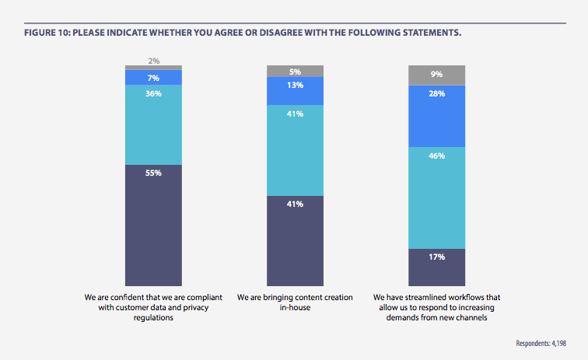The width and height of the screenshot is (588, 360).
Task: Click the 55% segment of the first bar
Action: [153, 225]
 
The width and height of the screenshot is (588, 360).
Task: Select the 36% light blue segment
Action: [153, 124]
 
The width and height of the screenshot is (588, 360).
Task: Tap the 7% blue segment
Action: [153, 77]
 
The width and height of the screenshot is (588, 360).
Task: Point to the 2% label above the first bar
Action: [153, 60]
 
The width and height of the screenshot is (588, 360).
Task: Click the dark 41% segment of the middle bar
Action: [295, 241]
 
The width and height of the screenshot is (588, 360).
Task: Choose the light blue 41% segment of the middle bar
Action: [295, 150]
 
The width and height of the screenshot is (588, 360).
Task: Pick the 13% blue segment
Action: [295, 91]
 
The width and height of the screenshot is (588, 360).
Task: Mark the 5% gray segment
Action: [295, 72]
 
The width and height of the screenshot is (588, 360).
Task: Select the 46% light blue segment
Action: [436, 197]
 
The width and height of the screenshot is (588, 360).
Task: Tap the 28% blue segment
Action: [436, 115]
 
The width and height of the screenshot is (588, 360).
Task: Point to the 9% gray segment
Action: [436, 75]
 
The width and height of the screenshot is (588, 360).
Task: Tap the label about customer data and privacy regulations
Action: [153, 307]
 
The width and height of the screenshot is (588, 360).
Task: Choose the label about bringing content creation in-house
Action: [295, 302]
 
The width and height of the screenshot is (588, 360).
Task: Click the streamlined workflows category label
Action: [436, 307]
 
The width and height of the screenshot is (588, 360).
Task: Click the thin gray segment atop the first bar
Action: [153, 68]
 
